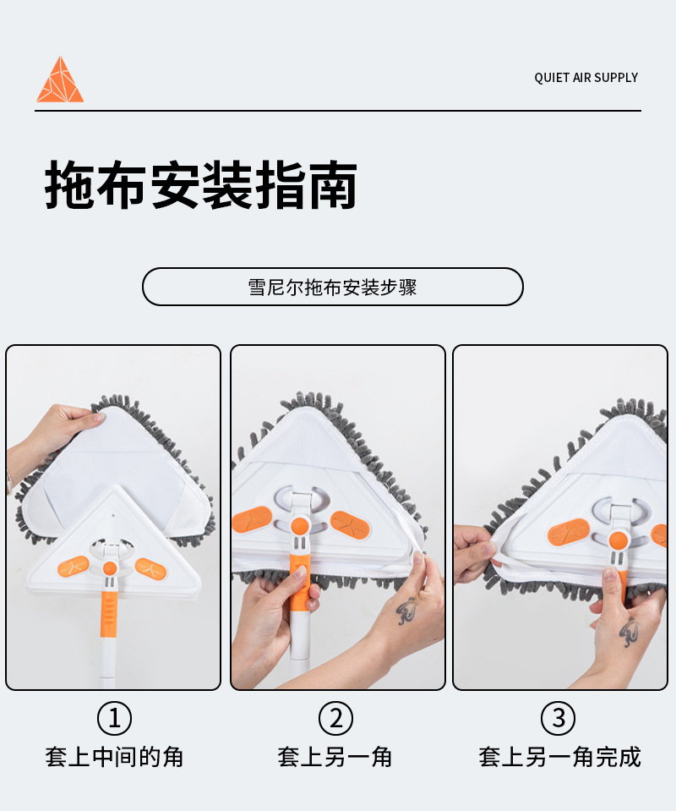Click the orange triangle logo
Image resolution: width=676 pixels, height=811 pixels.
click(60, 80)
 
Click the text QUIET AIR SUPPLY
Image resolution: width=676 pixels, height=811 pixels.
click(586, 78)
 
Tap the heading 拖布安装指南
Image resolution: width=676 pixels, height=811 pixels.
click(201, 184)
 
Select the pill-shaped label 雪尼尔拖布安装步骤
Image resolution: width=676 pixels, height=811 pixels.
click(333, 287)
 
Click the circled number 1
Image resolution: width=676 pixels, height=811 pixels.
click(114, 718)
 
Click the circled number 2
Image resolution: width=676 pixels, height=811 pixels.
click(336, 718)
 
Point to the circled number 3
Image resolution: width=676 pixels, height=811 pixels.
click(559, 718)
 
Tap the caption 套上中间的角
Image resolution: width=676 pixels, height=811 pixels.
click(114, 757)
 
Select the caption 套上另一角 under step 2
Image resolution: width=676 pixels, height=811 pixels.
click(335, 757)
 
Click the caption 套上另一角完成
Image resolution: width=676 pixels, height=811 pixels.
click(559, 757)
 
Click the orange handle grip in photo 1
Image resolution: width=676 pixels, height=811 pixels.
click(108, 615)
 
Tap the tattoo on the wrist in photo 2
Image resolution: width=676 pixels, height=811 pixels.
click(407, 611)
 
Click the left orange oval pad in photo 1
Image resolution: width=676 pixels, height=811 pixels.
click(74, 566)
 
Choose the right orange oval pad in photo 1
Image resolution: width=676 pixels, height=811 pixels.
click(150, 568)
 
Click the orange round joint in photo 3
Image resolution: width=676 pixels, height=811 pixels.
click(618, 540)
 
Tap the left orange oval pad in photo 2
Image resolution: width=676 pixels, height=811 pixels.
click(252, 520)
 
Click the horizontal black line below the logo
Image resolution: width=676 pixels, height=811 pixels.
click(338, 110)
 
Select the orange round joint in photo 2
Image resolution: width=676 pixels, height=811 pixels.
click(300, 527)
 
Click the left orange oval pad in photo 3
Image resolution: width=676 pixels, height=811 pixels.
click(568, 532)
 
